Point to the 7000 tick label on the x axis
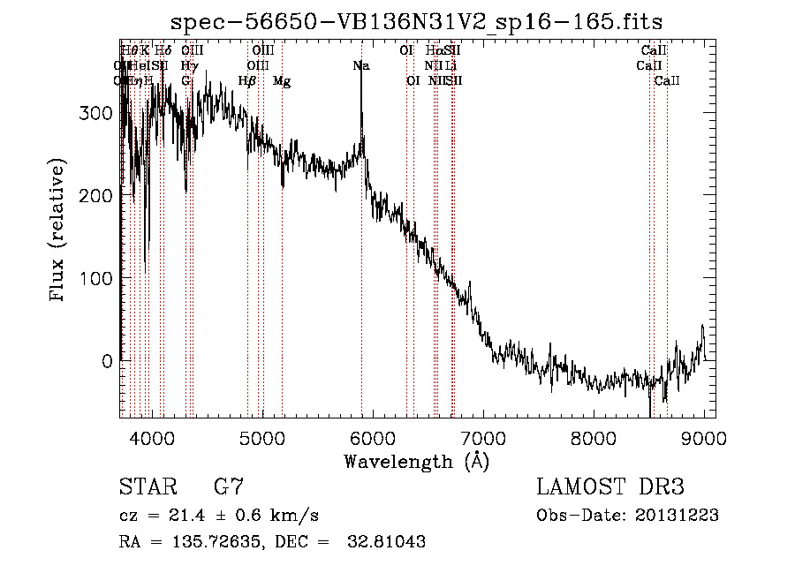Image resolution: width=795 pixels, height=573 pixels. tap(482, 437)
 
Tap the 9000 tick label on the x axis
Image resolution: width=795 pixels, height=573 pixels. tap(704, 437)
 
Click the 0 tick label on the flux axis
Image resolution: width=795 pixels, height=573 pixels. tap(107, 361)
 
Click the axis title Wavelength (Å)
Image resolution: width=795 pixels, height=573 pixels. tap(417, 461)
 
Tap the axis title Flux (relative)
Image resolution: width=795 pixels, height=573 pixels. tap(59, 231)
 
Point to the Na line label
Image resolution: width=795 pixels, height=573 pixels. tap(360, 65)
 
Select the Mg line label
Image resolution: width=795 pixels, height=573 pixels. tap(282, 81)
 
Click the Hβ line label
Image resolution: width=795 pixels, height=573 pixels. tap(247, 81)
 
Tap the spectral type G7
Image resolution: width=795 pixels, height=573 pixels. tap(229, 487)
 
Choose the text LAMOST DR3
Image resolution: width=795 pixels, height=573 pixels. tap(610, 487)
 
